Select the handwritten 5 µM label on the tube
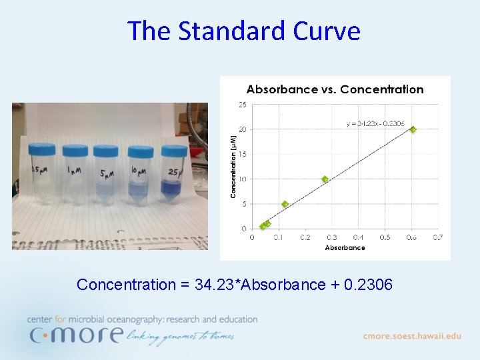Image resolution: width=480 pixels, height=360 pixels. tap(106, 175)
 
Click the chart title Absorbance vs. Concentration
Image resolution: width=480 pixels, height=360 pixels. tap(335, 89)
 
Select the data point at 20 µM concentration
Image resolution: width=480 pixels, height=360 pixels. tap(413, 129)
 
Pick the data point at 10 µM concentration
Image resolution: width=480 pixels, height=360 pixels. tap(325, 179)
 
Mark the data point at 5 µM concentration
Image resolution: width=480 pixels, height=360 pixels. tap(285, 204)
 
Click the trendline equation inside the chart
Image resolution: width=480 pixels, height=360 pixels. tap(375, 123)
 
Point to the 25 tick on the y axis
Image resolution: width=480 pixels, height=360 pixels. tap(243, 105)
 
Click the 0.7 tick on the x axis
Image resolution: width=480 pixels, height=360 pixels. tap(438, 237)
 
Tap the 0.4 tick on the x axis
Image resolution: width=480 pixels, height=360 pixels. tap(358, 237)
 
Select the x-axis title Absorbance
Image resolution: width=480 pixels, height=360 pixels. tap(345, 248)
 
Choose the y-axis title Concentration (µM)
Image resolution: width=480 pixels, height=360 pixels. tap(234, 167)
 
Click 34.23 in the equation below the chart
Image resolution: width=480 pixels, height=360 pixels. tap(211, 285)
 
